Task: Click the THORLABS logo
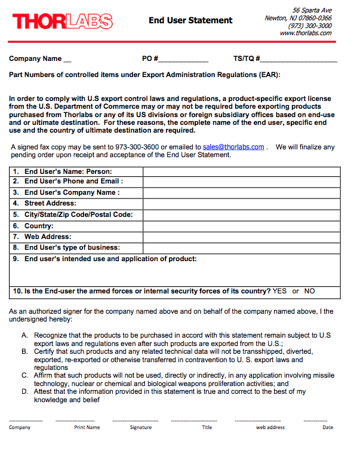(62, 22)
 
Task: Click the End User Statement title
(190, 20)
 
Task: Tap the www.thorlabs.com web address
(305, 33)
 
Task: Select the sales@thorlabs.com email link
(233, 147)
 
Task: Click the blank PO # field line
(183, 60)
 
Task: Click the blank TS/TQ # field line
(299, 60)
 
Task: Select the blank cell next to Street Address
(241, 204)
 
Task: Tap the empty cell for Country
(241, 226)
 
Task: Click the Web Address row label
(47, 237)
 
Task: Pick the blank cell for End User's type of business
(241, 247)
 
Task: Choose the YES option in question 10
(279, 292)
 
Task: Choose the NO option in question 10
(309, 292)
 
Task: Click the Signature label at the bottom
(141, 427)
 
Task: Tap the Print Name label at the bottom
(87, 427)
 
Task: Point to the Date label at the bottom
(328, 427)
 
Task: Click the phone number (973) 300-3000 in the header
(310, 26)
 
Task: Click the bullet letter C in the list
(24, 376)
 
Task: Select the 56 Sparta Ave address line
(312, 11)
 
